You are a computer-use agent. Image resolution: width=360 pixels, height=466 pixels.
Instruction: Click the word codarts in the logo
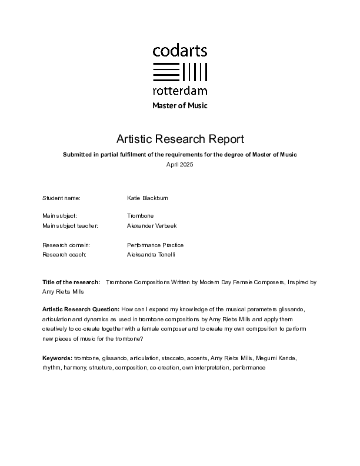(x=180, y=51)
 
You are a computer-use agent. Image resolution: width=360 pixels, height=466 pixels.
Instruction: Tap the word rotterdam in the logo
(x=180, y=91)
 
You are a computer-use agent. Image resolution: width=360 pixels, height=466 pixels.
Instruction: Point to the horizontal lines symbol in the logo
(x=166, y=71)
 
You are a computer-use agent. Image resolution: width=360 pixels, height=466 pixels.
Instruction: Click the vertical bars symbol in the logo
(x=195, y=71)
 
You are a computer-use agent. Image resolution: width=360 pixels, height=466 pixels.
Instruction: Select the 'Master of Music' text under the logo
(x=180, y=106)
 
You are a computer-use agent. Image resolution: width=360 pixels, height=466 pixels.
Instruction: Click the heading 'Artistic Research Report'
(x=180, y=139)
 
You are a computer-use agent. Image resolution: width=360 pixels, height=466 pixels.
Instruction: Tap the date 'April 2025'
(x=180, y=165)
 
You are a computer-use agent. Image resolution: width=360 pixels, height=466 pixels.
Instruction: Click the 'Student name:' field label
(x=61, y=198)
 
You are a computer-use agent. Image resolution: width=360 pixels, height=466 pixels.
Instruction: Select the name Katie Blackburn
(x=147, y=198)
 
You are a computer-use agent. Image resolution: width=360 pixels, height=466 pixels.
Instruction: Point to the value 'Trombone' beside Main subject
(x=140, y=216)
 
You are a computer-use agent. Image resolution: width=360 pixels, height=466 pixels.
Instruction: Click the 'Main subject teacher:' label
(x=70, y=225)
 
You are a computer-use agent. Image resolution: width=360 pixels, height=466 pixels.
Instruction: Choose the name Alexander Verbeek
(x=152, y=225)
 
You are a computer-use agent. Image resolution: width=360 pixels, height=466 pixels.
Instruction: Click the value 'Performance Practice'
(x=155, y=245)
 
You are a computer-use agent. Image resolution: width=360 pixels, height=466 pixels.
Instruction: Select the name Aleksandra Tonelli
(x=151, y=254)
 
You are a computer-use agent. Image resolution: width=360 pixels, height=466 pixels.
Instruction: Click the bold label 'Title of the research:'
(x=71, y=282)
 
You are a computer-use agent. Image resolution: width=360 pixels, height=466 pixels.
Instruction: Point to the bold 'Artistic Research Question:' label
(x=80, y=309)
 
